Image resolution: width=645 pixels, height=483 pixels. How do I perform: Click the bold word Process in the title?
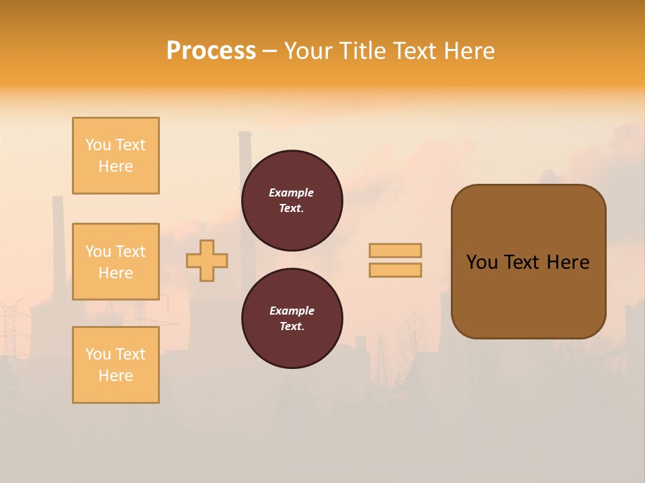click(x=211, y=51)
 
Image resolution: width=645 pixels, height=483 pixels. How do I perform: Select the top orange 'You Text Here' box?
click(x=116, y=156)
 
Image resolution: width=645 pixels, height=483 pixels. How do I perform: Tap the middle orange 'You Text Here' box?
click(x=116, y=262)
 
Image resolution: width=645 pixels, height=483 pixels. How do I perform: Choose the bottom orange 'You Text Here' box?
click(x=116, y=365)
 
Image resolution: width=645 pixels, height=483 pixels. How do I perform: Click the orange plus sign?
click(x=207, y=260)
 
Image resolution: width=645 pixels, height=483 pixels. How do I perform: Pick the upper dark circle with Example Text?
click(x=292, y=200)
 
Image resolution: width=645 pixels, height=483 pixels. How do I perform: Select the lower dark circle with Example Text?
click(x=292, y=318)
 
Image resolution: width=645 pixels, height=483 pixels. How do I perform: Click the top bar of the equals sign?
click(x=395, y=250)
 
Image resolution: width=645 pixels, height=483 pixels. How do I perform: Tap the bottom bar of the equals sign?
click(x=395, y=270)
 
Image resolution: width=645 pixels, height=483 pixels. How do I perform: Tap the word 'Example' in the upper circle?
click(x=292, y=193)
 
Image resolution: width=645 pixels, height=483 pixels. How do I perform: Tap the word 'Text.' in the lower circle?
click(x=292, y=326)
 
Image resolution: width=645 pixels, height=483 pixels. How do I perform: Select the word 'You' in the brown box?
click(x=482, y=262)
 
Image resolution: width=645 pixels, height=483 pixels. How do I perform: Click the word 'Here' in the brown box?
click(x=568, y=262)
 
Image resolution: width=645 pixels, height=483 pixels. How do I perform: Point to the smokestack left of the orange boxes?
click(x=58, y=235)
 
